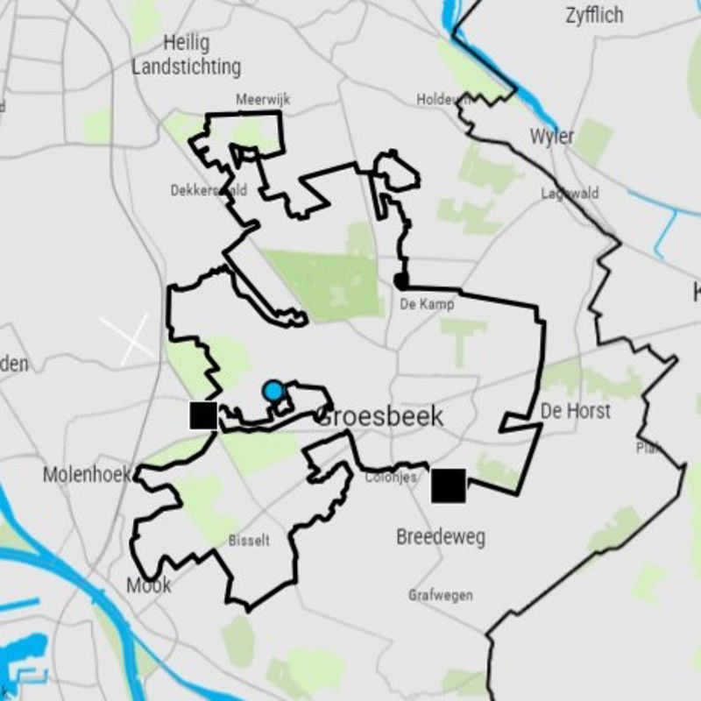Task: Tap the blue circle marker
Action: click(x=274, y=390)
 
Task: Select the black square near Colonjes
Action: click(x=448, y=485)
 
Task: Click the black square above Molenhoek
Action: click(x=203, y=415)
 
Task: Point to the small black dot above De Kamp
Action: click(x=400, y=281)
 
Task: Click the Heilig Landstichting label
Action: click(x=186, y=54)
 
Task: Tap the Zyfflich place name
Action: click(x=594, y=15)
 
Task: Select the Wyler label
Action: click(x=552, y=137)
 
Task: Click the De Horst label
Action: click(x=576, y=410)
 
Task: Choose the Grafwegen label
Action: click(x=440, y=596)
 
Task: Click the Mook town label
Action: click(x=149, y=584)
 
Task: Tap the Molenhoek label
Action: click(x=87, y=475)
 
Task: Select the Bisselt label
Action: click(x=249, y=541)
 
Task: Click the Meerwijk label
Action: click(x=263, y=101)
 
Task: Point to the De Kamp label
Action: click(x=427, y=305)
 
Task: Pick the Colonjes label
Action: click(x=391, y=478)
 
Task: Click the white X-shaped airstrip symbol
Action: click(x=126, y=340)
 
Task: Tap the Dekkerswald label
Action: click(x=209, y=190)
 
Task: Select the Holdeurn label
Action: click(x=443, y=100)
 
